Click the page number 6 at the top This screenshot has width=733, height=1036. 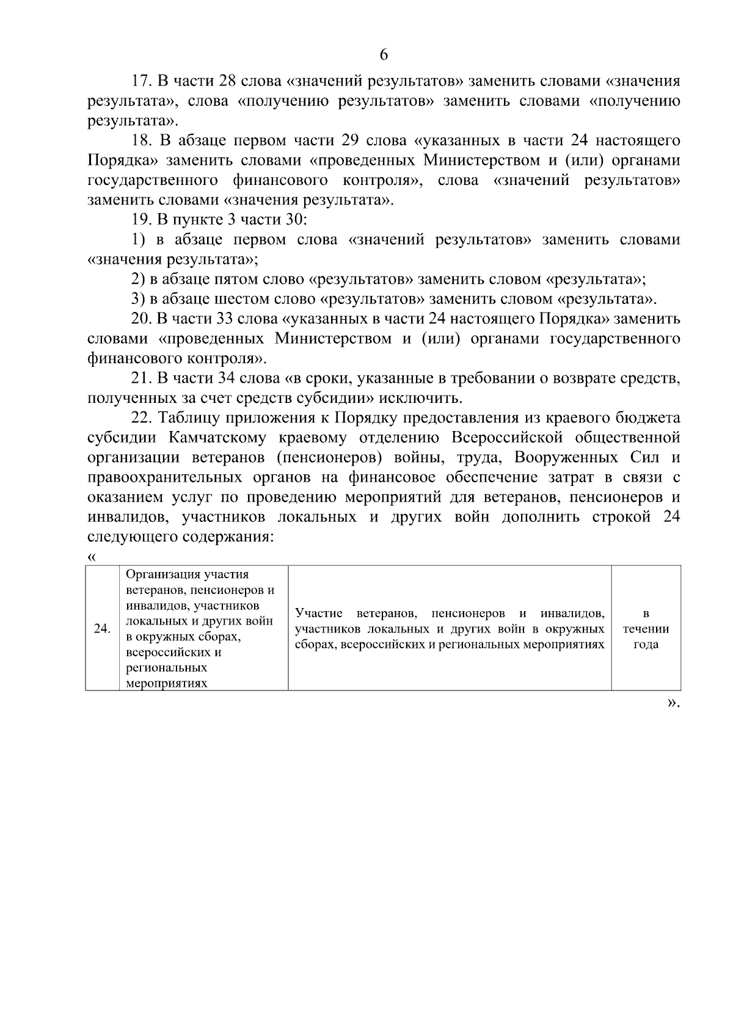click(384, 55)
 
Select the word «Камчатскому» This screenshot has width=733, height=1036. click(219, 438)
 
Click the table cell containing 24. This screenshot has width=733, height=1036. click(102, 629)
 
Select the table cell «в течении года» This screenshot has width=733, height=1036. click(646, 629)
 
